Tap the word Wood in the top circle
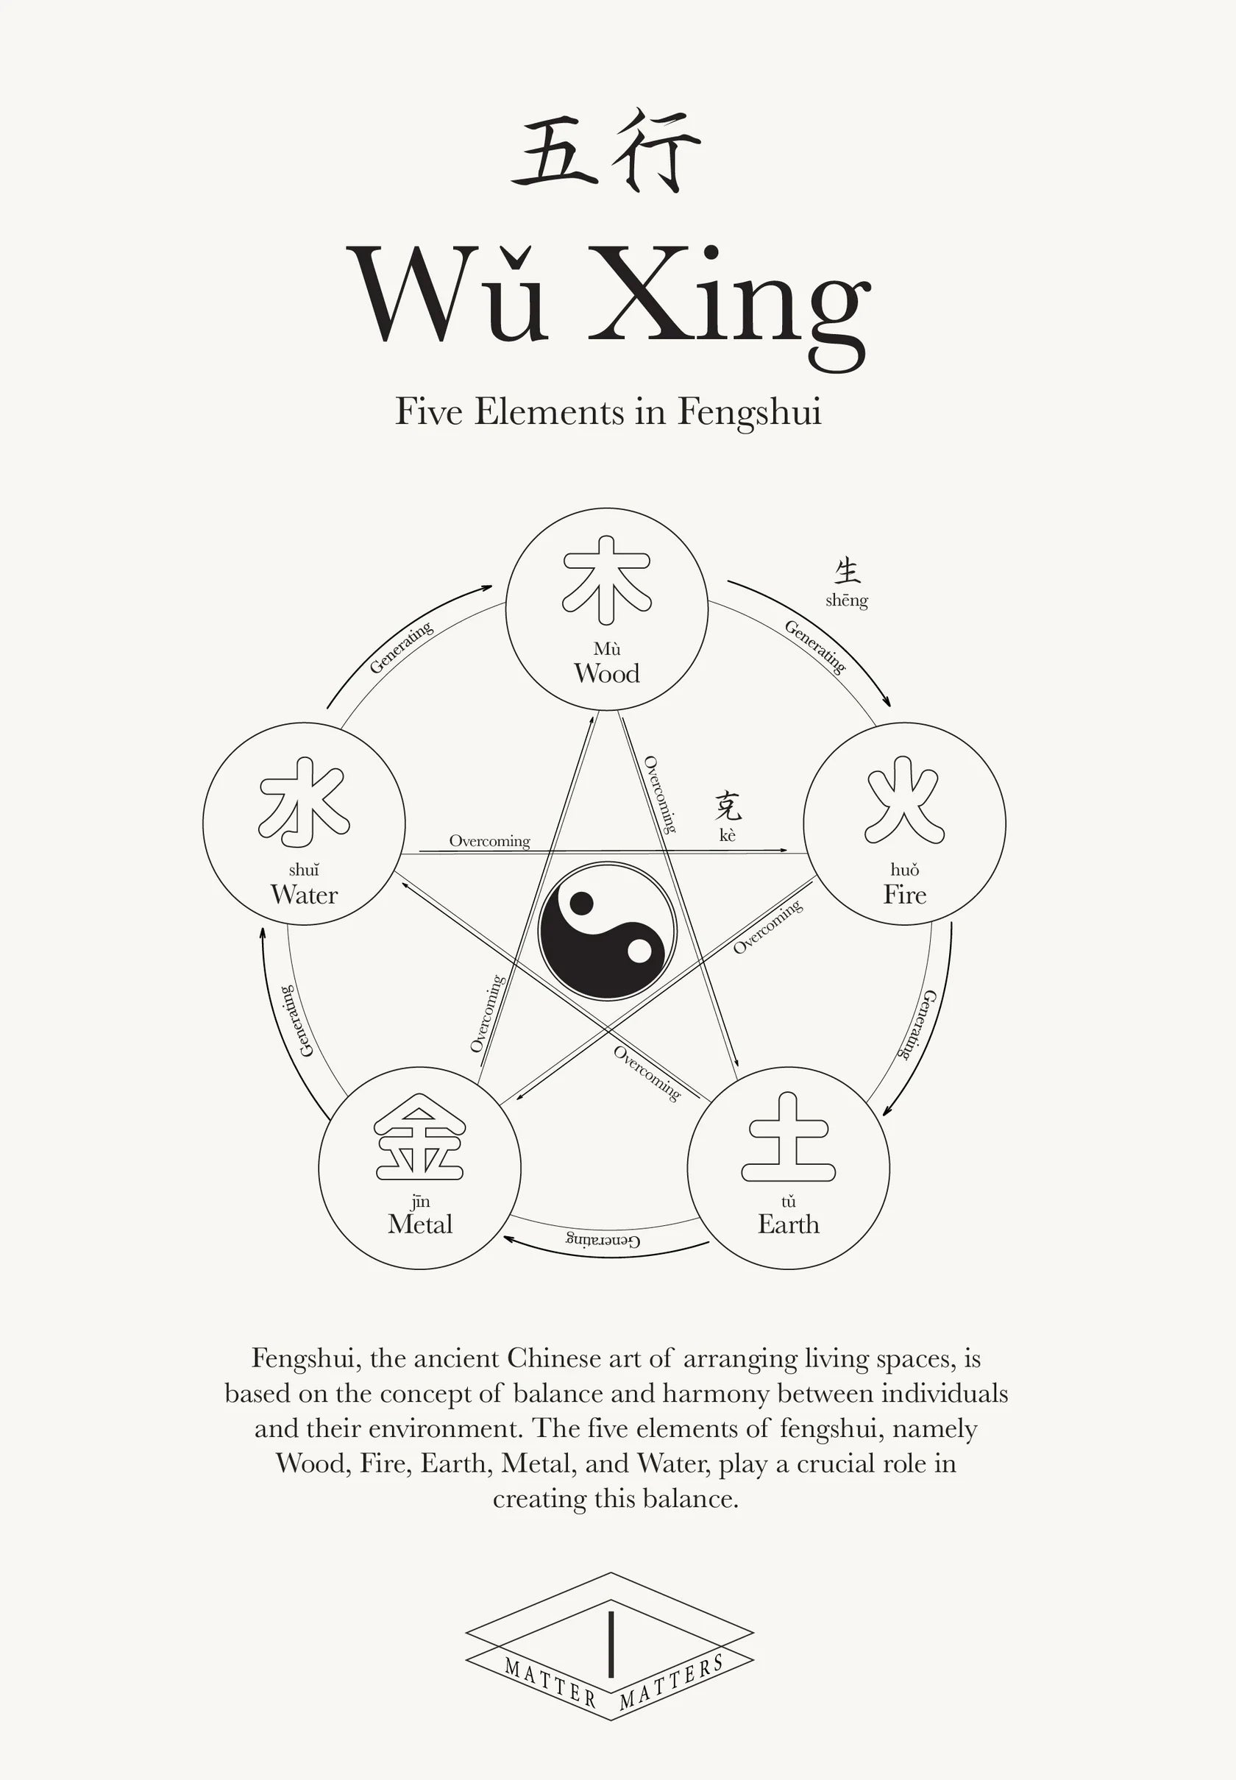tap(606, 673)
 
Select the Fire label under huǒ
tap(904, 895)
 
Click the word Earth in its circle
tap(789, 1224)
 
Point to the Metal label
tap(420, 1224)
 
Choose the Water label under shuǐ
tap(304, 895)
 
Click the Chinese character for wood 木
tap(606, 579)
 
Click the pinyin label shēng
tap(847, 600)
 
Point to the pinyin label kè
tap(727, 835)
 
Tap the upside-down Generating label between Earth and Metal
tap(603, 1240)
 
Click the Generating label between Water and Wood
tap(400, 648)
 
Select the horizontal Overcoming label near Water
tap(489, 840)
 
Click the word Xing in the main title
tap(730, 298)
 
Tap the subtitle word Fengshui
tap(749, 412)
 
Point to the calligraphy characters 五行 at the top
tap(606, 151)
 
